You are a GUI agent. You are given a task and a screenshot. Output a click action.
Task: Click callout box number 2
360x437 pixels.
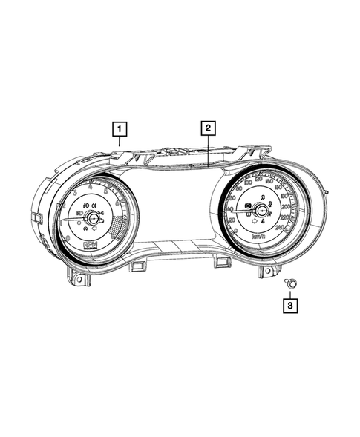pyautogui.click(x=208, y=128)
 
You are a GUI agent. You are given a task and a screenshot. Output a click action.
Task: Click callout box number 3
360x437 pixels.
pyautogui.click(x=290, y=303)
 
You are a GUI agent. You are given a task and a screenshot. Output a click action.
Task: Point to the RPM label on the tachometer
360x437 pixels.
pyautogui.click(x=90, y=243)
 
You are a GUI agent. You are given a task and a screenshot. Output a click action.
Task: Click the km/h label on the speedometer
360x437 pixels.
pyautogui.click(x=260, y=236)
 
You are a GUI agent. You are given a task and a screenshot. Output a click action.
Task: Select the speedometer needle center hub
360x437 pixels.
pyautogui.click(x=262, y=212)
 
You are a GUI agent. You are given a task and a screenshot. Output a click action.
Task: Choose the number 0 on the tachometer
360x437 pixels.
pyautogui.click(x=68, y=237)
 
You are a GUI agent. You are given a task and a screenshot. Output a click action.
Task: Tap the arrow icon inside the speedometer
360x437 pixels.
pyautogui.click(x=255, y=221)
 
